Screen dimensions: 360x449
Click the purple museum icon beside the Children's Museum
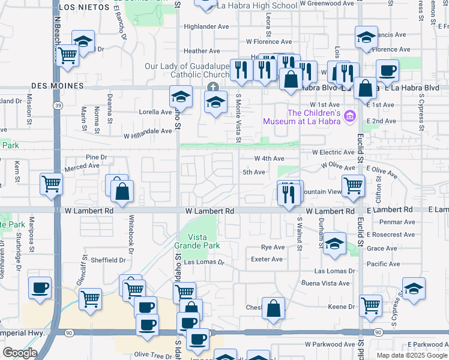(352, 116)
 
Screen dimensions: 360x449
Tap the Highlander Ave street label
(206, 27)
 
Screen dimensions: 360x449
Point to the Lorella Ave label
(156, 112)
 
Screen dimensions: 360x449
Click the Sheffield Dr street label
(108, 260)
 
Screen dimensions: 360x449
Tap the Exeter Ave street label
(267, 259)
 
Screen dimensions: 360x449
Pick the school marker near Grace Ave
(334, 243)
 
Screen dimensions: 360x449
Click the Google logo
(20, 353)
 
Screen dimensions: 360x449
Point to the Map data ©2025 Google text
(411, 355)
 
